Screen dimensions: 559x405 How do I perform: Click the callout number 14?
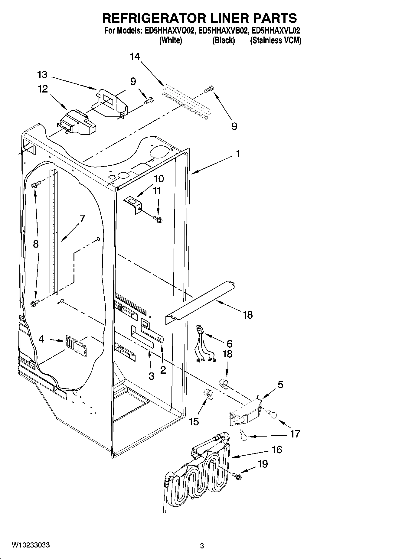point(135,57)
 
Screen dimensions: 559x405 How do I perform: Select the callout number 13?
point(42,75)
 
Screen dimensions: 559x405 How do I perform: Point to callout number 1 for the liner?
point(238,154)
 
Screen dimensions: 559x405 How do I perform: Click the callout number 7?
point(82,218)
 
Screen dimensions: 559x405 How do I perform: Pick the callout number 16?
point(277,450)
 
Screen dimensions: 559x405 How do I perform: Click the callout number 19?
point(263,464)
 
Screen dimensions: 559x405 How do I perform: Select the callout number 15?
point(194,421)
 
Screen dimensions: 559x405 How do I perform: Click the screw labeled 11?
point(157,219)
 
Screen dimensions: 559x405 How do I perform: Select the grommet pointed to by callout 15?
point(208,393)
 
